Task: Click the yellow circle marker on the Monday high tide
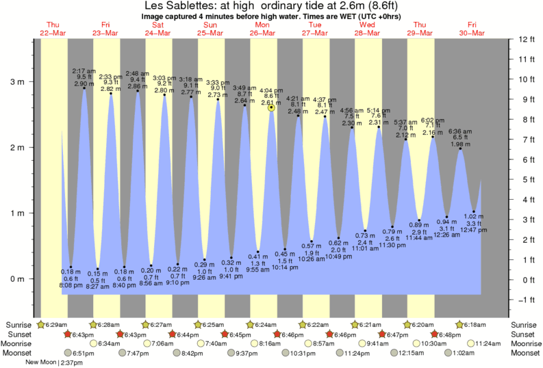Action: (x=272, y=107)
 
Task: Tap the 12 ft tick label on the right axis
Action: (x=525, y=39)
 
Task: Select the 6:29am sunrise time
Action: (x=57, y=324)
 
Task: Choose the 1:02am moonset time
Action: (x=464, y=353)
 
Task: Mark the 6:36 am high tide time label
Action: (x=460, y=131)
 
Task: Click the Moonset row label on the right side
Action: (x=525, y=353)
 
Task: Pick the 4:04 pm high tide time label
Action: (x=273, y=90)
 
